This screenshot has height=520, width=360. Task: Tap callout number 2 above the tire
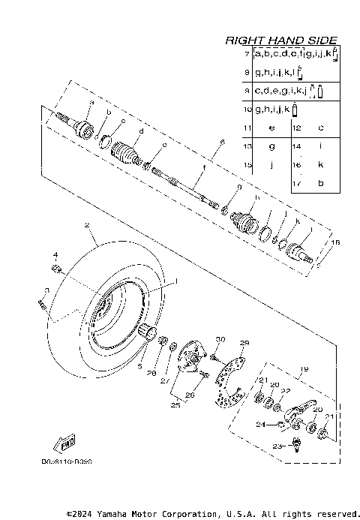pos(86,225)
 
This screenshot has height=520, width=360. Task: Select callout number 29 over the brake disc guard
pos(243,343)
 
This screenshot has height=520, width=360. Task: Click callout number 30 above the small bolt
pos(220,340)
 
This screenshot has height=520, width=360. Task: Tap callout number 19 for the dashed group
pos(304,368)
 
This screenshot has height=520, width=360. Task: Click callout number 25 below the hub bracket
pos(175,405)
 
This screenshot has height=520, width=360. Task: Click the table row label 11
pos(247,128)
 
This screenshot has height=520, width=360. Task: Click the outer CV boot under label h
pos(246,223)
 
